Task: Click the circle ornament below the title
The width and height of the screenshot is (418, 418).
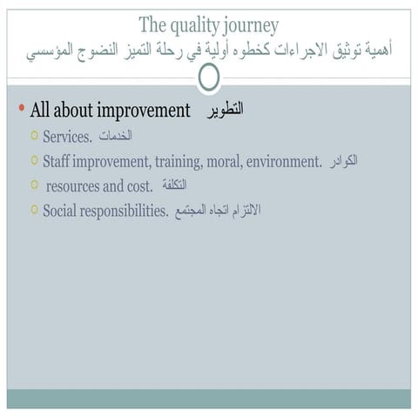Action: tap(209, 78)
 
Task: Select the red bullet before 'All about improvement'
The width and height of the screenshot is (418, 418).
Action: tap(21, 109)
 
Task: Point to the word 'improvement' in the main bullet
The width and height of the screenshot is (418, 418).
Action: tap(144, 111)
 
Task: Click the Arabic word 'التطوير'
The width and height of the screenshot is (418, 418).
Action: tap(226, 110)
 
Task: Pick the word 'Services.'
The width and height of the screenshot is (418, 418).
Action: tap(67, 137)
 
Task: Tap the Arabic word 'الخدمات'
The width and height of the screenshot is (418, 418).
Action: tap(115, 137)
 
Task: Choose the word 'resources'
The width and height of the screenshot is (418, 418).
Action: tap(76, 185)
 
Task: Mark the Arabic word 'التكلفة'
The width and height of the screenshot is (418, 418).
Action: tap(174, 185)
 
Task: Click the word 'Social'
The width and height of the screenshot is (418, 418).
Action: tap(61, 210)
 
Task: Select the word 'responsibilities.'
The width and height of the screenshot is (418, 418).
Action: tap(125, 210)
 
